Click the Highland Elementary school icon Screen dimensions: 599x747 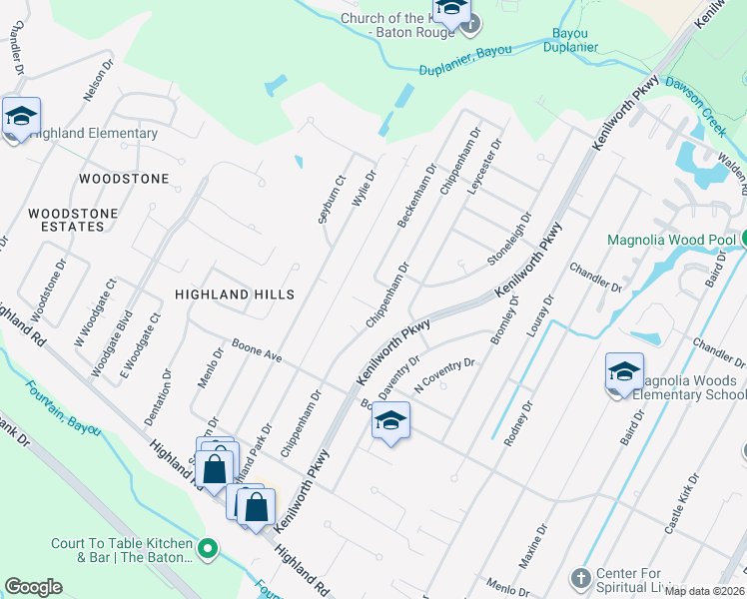pyautogui.click(x=21, y=118)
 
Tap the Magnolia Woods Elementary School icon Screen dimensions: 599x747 pyautogui.click(x=624, y=373)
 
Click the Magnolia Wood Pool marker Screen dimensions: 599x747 pyautogui.click(x=743, y=240)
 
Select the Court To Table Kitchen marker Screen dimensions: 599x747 pyautogui.click(x=208, y=548)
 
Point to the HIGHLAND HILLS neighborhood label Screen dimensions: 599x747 pyautogui.click(x=235, y=295)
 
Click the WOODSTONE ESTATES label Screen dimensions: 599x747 pyautogui.click(x=72, y=220)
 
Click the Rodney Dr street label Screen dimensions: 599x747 pyautogui.click(x=518, y=422)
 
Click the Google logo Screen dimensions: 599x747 pyautogui.click(x=33, y=587)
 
